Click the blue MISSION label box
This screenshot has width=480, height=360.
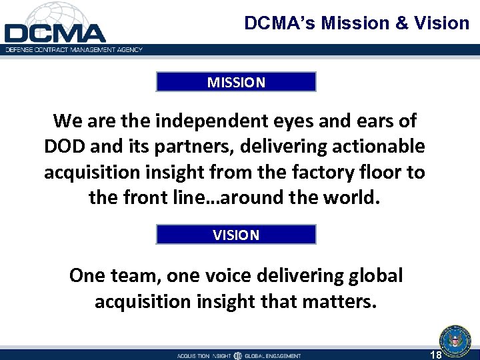[236, 82]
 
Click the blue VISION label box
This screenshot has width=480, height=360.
[236, 235]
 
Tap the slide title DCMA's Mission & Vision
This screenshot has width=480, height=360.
[357, 23]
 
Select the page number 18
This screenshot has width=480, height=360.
[436, 355]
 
